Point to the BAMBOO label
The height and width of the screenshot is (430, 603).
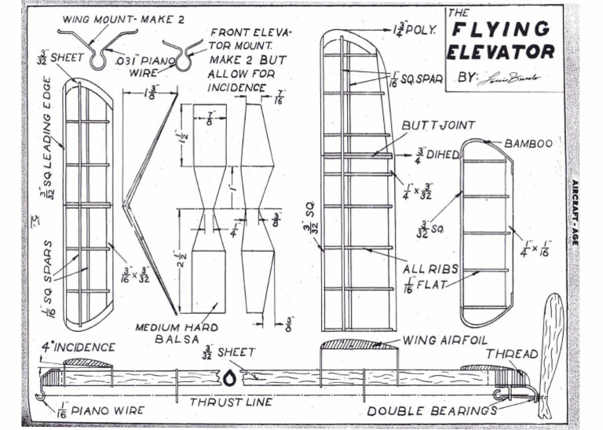coord(528,144)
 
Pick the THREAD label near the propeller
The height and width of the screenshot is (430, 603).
coord(513,354)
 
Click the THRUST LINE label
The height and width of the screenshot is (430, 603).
coord(232,402)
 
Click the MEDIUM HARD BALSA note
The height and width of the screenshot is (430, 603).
coord(166,333)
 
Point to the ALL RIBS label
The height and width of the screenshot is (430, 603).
coord(436,268)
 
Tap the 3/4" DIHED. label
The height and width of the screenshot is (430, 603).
coord(438,155)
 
